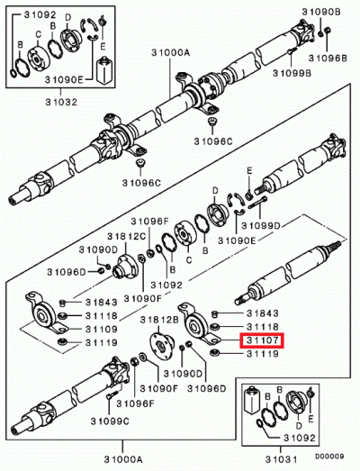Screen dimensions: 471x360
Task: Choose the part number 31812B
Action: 157,320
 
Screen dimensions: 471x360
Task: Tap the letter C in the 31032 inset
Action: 38,36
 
